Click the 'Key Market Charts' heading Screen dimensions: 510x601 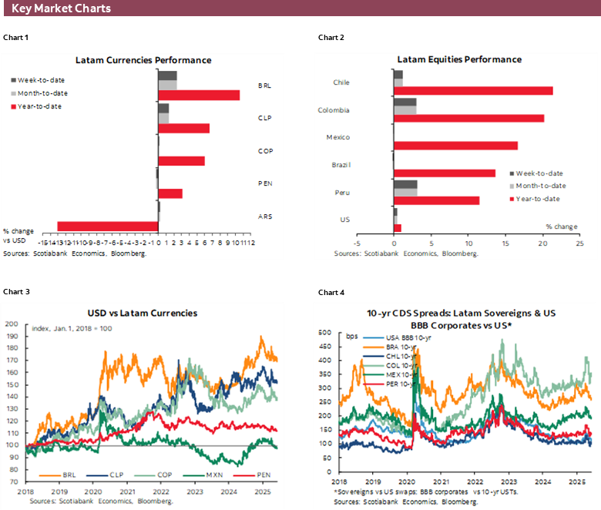(61, 8)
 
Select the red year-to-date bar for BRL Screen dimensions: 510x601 (199, 95)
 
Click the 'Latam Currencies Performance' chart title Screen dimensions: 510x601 (143, 60)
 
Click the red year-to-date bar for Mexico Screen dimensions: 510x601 (455, 146)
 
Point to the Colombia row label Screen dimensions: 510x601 (334, 110)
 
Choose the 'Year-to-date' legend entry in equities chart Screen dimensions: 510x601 (538, 199)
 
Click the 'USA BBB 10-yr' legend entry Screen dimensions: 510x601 (384, 338)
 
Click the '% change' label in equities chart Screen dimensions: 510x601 (560, 226)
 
